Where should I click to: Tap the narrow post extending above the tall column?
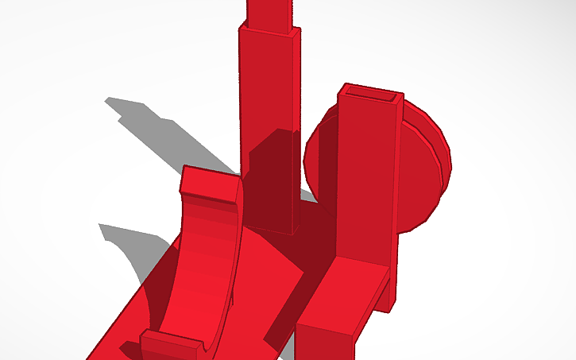coord(272,12)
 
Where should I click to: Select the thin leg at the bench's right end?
coord(387,294)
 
